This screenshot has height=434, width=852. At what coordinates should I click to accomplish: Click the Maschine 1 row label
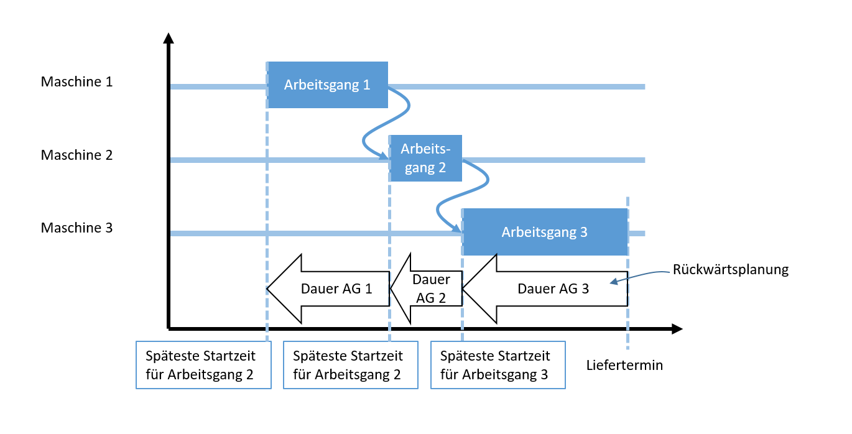pos(76,81)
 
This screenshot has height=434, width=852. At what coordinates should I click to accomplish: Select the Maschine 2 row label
pos(76,155)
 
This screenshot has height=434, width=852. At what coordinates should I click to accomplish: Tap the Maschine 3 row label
pos(76,228)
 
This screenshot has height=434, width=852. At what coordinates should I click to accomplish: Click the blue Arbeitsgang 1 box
pos(327,85)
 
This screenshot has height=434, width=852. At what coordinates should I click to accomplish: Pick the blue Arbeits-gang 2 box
pos(425,158)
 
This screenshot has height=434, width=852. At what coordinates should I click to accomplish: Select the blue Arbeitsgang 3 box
pos(544,232)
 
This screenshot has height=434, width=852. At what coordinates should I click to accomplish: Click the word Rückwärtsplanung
pos(730,270)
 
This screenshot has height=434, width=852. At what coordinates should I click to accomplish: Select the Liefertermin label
pos(624,366)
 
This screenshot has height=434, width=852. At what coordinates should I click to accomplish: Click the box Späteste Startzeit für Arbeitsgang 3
pos(498,365)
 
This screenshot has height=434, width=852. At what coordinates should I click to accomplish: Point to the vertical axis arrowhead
pos(168,37)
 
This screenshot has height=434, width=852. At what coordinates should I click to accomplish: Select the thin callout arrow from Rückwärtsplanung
pos(641,274)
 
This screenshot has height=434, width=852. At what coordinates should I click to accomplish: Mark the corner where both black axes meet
pos(169,328)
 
